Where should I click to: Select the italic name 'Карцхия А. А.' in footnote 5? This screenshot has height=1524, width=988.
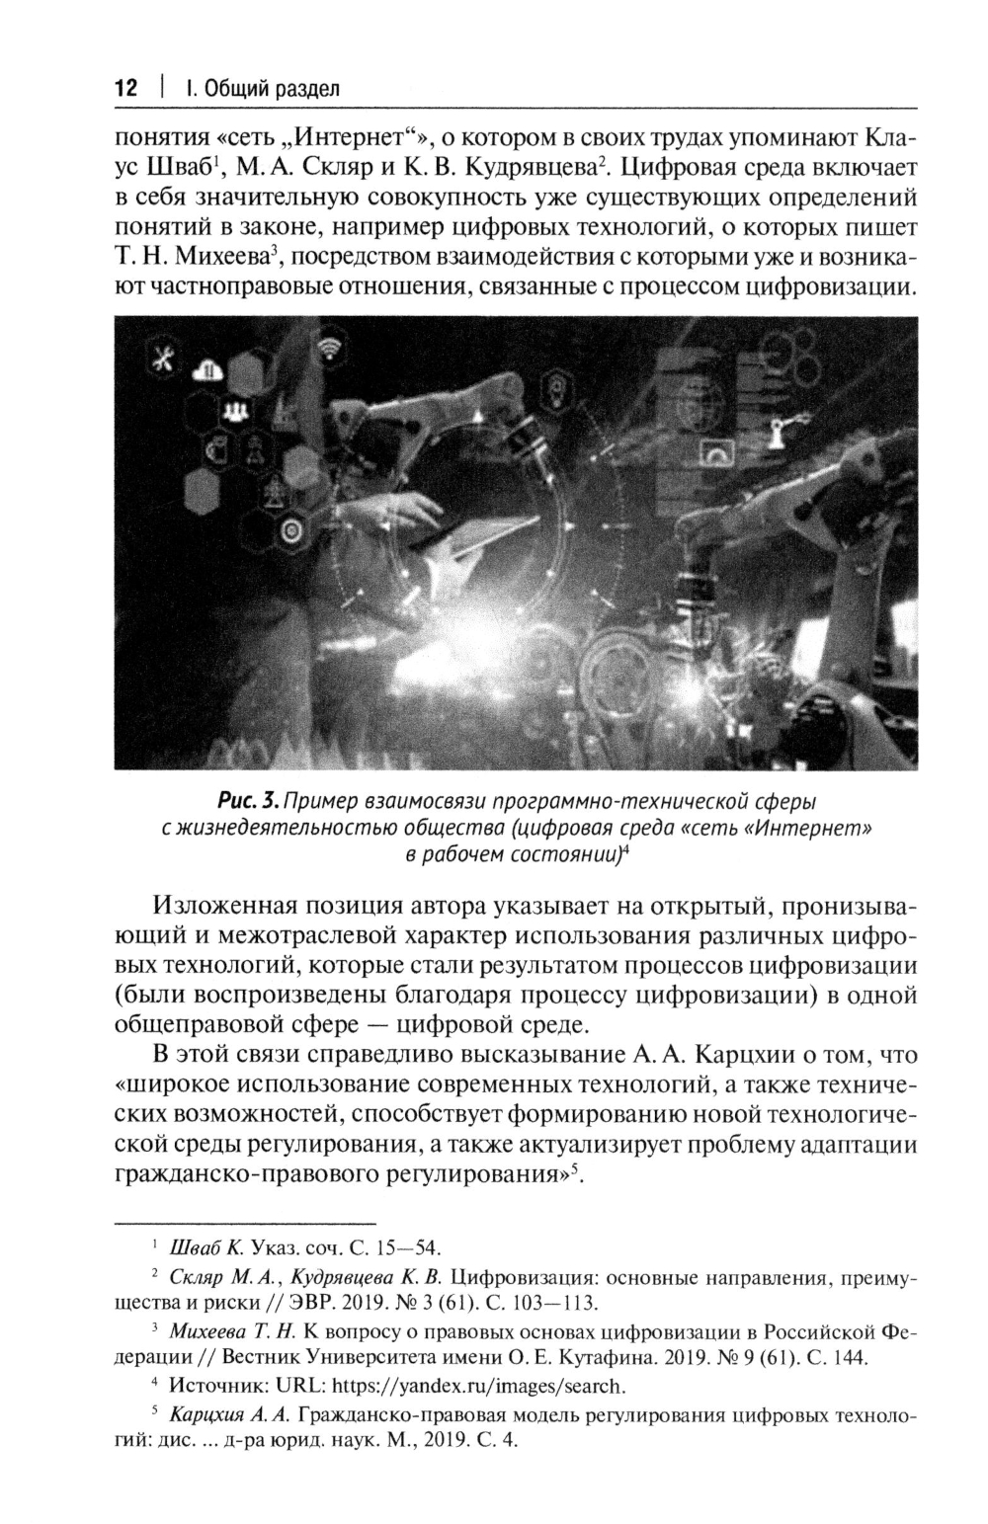228,1413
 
